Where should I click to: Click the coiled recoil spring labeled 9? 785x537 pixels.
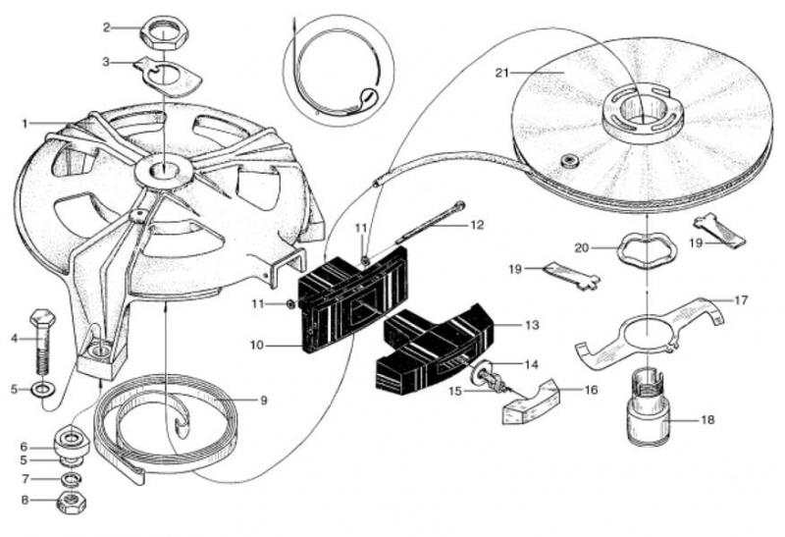pyautogui.click(x=172, y=422)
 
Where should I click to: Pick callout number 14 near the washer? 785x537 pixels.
pyautogui.click(x=530, y=364)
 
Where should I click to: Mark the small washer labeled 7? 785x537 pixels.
pyautogui.click(x=71, y=479)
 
